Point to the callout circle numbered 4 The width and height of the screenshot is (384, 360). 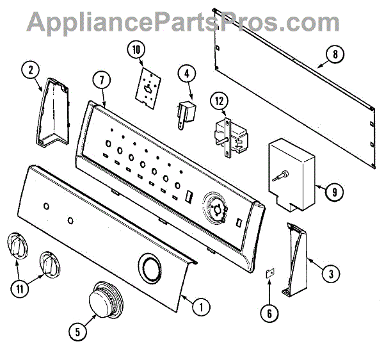pyautogui.click(x=186, y=74)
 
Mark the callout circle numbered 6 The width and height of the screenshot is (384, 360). pyautogui.click(x=269, y=313)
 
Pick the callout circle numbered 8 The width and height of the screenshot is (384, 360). pyautogui.click(x=334, y=54)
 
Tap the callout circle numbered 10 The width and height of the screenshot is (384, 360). pyautogui.click(x=136, y=49)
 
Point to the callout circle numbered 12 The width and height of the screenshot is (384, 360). pyautogui.click(x=220, y=101)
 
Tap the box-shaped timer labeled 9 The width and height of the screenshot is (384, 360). pyautogui.click(x=292, y=173)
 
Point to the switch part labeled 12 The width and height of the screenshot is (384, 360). pyautogui.click(x=230, y=136)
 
